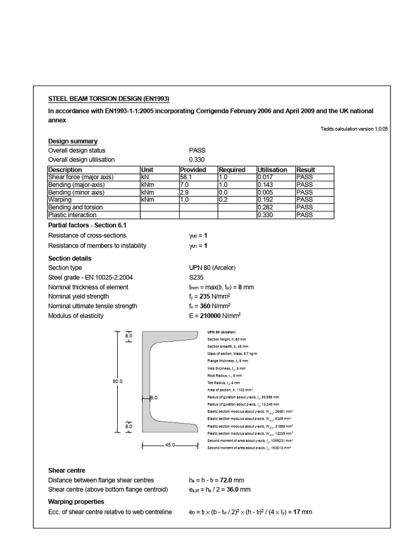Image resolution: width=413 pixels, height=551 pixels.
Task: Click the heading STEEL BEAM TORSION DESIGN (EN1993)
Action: pyautogui.click(x=109, y=98)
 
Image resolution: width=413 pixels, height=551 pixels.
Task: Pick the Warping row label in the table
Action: pyautogui.click(x=60, y=200)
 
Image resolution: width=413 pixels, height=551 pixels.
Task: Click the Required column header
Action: pyautogui.click(x=232, y=169)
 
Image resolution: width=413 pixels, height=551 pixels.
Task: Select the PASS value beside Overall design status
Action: pyautogui.click(x=197, y=151)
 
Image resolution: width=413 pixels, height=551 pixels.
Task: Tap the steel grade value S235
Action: pyautogui.click(x=197, y=278)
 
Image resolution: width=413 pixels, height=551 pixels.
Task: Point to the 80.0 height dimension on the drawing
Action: pyautogui.click(x=118, y=381)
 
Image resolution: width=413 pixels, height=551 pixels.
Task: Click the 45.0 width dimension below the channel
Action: pyautogui.click(x=169, y=445)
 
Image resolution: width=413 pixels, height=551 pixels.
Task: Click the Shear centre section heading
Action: pyautogui.click(x=67, y=470)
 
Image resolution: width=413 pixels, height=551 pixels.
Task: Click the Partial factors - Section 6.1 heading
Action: pyautogui.click(x=87, y=225)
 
